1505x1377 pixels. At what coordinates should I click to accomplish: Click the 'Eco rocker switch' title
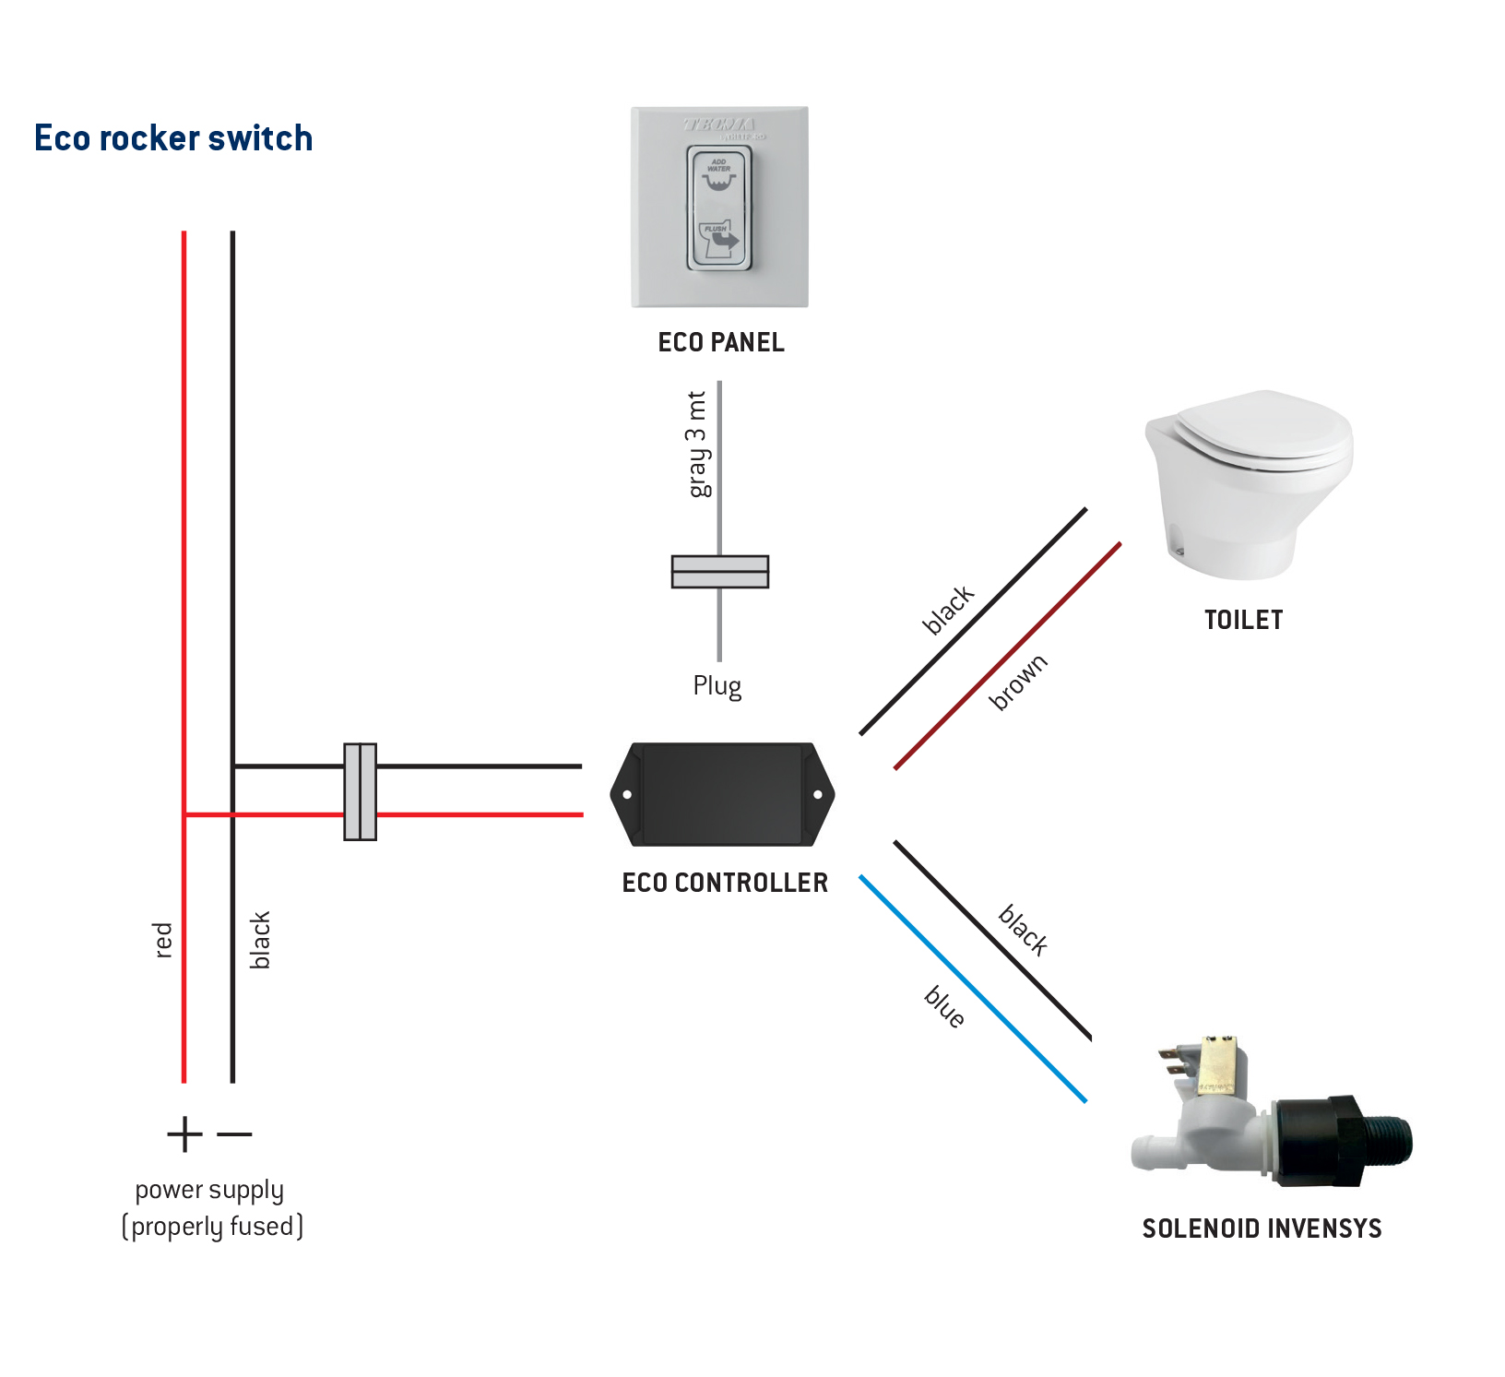(x=173, y=138)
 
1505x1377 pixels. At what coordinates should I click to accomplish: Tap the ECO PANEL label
(x=721, y=342)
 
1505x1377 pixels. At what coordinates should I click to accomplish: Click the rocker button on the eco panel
(x=719, y=208)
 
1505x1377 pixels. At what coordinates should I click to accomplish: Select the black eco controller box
(x=722, y=794)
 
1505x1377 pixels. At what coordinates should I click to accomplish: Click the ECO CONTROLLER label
(x=725, y=883)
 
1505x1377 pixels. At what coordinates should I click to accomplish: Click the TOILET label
(x=1243, y=620)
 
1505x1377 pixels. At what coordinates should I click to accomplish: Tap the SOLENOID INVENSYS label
(x=1262, y=1229)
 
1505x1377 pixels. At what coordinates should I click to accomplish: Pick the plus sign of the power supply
(x=184, y=1134)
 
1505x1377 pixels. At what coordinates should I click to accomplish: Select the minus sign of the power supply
(x=234, y=1134)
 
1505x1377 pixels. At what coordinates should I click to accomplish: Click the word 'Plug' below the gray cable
(x=717, y=686)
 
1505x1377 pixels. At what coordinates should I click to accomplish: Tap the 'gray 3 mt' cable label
(x=698, y=444)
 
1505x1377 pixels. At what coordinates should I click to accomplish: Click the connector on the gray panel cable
(x=720, y=572)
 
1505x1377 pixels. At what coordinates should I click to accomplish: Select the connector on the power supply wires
(x=360, y=791)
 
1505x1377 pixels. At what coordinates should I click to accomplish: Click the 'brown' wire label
(x=1018, y=683)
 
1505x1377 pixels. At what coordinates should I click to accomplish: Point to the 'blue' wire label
(x=945, y=1006)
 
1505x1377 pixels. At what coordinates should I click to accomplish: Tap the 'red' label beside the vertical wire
(x=163, y=940)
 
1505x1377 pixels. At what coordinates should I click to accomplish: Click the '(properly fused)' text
(x=212, y=1227)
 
